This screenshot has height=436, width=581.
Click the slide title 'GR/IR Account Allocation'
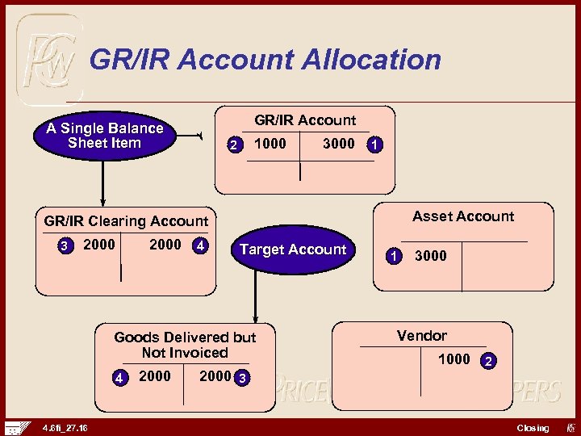(265, 60)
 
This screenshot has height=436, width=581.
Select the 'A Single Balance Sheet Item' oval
(104, 136)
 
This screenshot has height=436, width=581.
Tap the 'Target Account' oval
(292, 249)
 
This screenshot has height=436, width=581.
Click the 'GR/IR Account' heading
(305, 120)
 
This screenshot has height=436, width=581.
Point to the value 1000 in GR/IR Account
(270, 144)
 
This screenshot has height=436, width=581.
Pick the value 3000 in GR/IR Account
(338, 144)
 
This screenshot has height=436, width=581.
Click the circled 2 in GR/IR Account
(233, 145)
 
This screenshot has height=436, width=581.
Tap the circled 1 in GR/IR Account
(374, 145)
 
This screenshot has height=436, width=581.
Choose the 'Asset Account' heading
(463, 216)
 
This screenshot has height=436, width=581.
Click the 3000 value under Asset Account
(430, 256)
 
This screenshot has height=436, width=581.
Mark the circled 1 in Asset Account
(393, 256)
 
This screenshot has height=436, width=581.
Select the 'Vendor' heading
(421, 335)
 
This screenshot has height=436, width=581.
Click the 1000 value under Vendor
(454, 359)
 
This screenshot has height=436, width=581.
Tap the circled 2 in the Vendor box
(488, 361)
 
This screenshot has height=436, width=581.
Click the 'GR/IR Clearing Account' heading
(126, 220)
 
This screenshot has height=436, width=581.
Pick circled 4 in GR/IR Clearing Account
(199, 245)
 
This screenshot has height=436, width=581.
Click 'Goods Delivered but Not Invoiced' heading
(185, 345)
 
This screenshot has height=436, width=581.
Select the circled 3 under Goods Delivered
(241, 378)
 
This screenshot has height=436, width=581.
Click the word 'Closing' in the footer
(533, 428)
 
